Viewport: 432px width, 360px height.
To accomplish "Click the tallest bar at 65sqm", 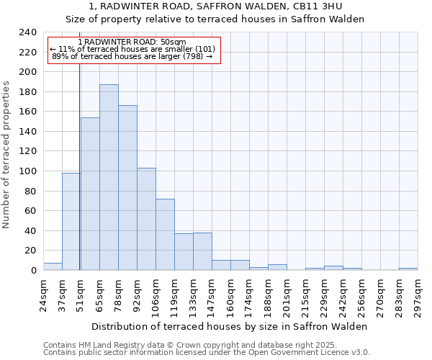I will (109, 177).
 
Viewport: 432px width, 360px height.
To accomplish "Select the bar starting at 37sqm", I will (71, 222).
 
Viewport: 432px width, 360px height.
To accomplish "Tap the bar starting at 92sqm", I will (146, 219).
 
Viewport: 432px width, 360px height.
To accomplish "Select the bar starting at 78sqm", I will (127, 187).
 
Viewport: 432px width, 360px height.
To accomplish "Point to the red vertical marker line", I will (79, 180).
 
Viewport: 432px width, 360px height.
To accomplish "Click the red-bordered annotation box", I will (133, 50).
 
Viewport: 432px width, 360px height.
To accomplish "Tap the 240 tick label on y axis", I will (27, 32).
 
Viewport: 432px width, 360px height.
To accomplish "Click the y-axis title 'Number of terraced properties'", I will (6, 155).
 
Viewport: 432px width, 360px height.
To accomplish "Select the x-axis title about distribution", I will (230, 326).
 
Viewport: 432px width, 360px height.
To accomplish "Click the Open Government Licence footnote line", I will (207, 353).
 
